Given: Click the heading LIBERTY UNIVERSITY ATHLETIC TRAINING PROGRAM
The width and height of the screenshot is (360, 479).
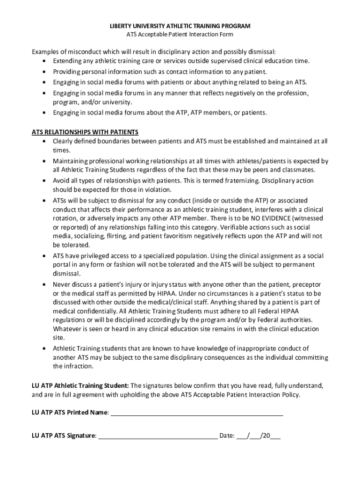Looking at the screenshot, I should click(x=180, y=26).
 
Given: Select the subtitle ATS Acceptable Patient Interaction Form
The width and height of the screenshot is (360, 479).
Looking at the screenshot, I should click(x=180, y=34).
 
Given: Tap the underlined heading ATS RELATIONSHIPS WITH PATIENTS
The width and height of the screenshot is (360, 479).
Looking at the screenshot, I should click(x=85, y=132).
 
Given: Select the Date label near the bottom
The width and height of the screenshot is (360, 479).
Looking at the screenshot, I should click(x=226, y=435).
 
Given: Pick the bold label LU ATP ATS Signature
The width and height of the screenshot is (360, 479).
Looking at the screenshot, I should click(x=64, y=435).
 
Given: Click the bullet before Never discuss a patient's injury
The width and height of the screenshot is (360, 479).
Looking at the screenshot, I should click(x=44, y=284).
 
